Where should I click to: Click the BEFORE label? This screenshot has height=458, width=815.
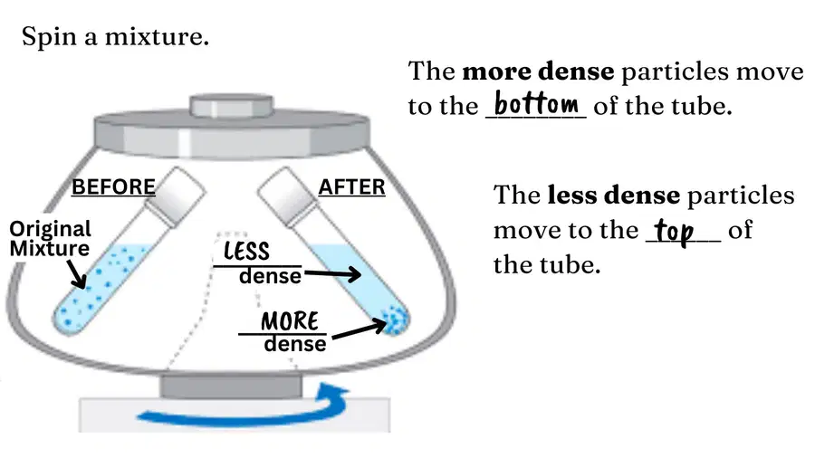pos(113,187)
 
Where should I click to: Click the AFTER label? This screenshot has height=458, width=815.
pos(352,187)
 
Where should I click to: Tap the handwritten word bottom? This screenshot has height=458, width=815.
pos(536,103)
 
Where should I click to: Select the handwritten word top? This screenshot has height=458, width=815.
pos(674,231)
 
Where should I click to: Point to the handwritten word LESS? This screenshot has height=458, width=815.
pos(246,252)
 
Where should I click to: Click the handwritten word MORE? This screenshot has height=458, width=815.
pos(290,321)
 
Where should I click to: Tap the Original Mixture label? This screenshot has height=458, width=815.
pos(50,238)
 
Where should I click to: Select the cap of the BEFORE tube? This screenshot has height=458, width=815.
pos(175,196)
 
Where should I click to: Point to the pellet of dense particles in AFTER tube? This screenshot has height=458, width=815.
pos(395,319)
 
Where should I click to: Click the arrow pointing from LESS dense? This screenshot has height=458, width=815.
pos(332,273)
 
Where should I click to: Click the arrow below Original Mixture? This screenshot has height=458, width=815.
pos(77,273)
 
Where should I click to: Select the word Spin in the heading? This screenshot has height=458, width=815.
pos(50,37)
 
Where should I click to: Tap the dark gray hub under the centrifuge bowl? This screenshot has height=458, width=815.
pos(231,386)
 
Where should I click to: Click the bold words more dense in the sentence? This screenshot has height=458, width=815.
pos(538,72)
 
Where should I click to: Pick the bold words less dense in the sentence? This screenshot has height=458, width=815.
pos(614,196)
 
